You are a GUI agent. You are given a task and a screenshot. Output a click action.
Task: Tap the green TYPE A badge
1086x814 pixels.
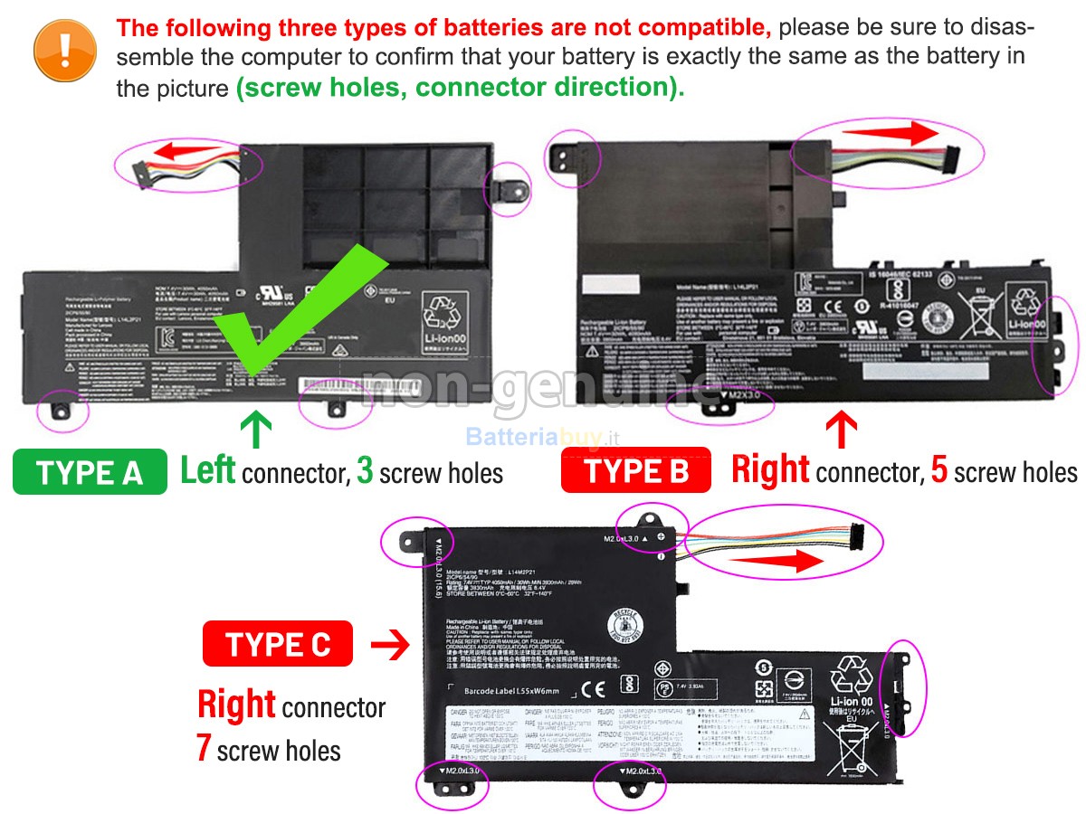tap(90, 472)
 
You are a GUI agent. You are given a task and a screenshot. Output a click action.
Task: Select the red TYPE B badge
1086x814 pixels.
tap(637, 471)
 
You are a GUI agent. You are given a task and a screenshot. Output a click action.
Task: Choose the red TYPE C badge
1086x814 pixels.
tap(279, 644)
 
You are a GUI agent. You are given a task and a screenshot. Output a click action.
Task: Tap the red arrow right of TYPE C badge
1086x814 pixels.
tap(390, 645)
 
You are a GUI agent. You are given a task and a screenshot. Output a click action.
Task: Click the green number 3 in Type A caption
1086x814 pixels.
tap(366, 471)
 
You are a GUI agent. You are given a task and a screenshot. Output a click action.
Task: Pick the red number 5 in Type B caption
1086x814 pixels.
tap(939, 471)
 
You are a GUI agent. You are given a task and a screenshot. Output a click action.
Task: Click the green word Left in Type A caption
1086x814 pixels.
tap(208, 470)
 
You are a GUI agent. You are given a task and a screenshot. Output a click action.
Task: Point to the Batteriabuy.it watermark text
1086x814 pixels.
tap(542, 438)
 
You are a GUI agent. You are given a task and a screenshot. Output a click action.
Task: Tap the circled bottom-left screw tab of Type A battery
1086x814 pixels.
tap(62, 408)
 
